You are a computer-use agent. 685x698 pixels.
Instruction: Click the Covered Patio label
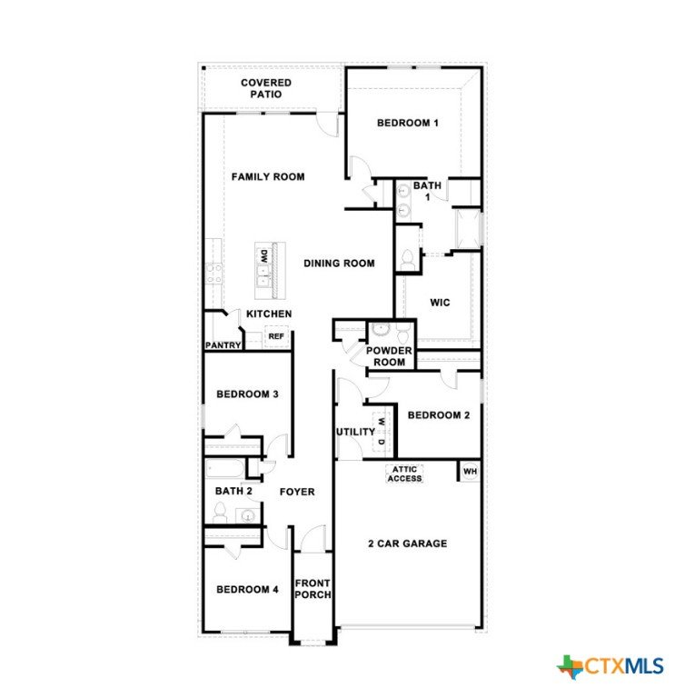(x=266, y=88)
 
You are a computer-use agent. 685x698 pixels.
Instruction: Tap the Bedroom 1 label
(x=408, y=123)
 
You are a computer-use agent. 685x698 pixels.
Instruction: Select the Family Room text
(x=268, y=176)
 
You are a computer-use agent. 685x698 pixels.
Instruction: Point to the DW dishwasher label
(x=264, y=255)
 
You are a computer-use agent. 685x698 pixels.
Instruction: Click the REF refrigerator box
(x=276, y=336)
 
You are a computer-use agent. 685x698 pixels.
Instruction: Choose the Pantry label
(x=223, y=345)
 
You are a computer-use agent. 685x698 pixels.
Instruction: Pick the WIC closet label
(x=440, y=303)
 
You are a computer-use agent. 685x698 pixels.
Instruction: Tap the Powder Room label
(x=389, y=356)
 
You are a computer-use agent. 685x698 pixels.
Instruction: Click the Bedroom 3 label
(x=247, y=394)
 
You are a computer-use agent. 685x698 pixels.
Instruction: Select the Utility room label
(x=355, y=432)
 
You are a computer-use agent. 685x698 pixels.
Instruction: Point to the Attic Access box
(x=404, y=474)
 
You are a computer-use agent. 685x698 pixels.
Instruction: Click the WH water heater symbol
(x=470, y=471)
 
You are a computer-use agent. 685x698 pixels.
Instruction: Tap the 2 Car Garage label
(x=408, y=543)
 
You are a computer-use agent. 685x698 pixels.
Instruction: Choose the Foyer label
(x=297, y=492)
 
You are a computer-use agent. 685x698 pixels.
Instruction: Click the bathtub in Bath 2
(x=225, y=469)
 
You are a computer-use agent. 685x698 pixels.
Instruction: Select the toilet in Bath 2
(x=220, y=513)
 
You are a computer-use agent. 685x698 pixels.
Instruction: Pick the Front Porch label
(x=313, y=589)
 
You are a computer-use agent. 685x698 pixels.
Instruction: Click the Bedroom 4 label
(x=247, y=589)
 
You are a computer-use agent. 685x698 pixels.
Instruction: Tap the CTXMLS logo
(x=611, y=666)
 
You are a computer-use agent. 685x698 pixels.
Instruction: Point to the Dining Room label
(x=339, y=263)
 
